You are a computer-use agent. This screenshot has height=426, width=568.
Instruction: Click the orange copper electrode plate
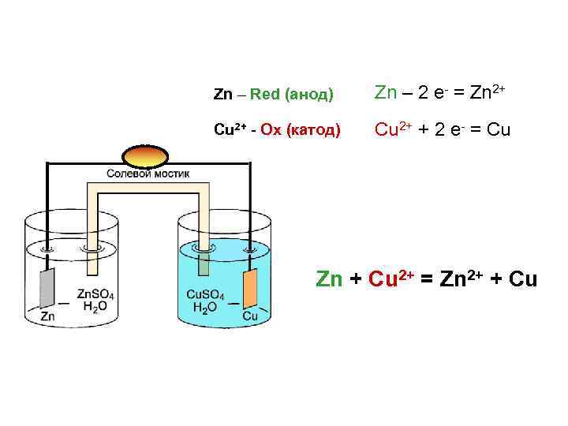(x=249, y=288)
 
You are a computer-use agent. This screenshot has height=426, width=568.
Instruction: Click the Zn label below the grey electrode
(x=48, y=316)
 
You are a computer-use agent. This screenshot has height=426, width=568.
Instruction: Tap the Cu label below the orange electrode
(x=250, y=316)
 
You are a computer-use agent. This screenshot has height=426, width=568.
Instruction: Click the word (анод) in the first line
(x=311, y=95)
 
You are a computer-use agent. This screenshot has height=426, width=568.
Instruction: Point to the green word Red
(x=267, y=95)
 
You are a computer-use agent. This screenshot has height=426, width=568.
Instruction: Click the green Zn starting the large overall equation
(x=331, y=280)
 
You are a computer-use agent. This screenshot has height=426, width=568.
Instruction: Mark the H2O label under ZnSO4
(x=92, y=307)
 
